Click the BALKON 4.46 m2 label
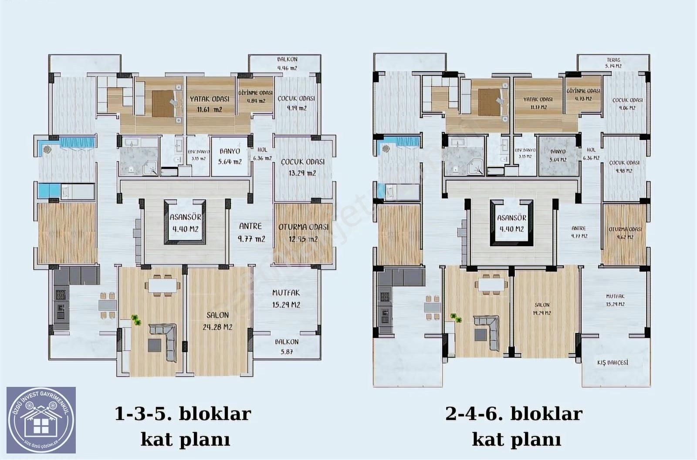287,64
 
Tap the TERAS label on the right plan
613,63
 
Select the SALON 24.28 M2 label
219,321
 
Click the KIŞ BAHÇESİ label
612,362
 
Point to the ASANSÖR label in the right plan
511,223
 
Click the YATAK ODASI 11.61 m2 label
210,104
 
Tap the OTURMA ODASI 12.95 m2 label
303,233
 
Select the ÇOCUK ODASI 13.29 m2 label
302,167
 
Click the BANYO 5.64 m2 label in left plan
230,156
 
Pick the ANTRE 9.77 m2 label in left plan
251,232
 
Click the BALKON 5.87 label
287,346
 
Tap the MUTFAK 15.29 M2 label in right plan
615,300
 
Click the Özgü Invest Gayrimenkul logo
41,420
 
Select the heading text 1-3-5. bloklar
183,413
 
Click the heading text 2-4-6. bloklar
514,413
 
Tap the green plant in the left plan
136,320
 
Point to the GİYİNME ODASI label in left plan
255,97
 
